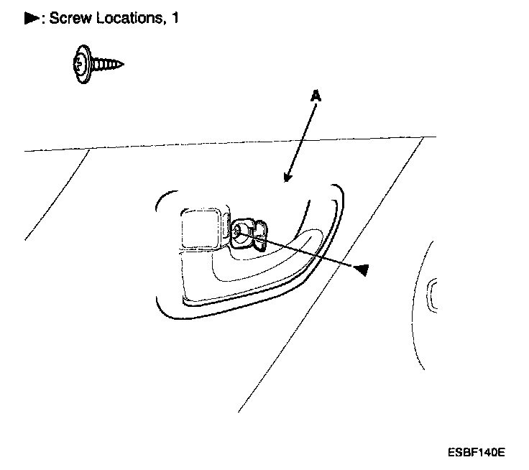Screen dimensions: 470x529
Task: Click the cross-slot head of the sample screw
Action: point(80,65)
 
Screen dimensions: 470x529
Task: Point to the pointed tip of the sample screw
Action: point(121,65)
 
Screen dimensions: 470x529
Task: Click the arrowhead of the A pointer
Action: point(288,178)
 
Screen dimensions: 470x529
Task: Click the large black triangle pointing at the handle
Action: point(362,269)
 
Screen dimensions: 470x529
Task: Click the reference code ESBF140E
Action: point(476,453)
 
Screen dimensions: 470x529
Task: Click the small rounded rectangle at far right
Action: point(433,295)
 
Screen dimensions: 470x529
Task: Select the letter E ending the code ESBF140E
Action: point(502,453)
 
